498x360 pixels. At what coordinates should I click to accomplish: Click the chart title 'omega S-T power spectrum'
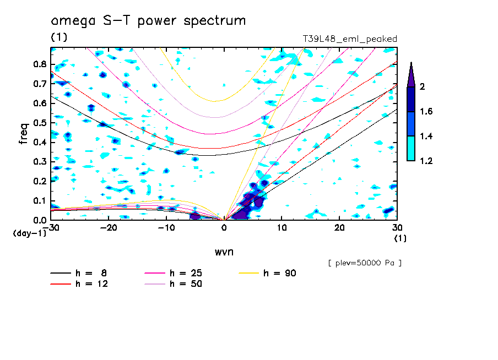click(x=148, y=21)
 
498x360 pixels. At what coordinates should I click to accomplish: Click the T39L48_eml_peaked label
click(x=350, y=39)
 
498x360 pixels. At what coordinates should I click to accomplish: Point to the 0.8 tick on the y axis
click(x=40, y=64)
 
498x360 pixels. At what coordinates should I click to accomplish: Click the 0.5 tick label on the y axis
click(x=40, y=123)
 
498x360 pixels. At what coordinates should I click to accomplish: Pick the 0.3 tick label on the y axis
click(x=40, y=162)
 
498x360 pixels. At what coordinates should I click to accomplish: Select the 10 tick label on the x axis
click(x=282, y=227)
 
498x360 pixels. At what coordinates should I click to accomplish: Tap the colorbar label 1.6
click(x=426, y=111)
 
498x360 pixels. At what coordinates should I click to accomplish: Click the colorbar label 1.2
click(x=426, y=161)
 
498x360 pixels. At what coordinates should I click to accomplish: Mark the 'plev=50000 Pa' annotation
click(x=365, y=263)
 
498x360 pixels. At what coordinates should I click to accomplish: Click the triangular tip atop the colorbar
click(x=411, y=74)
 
